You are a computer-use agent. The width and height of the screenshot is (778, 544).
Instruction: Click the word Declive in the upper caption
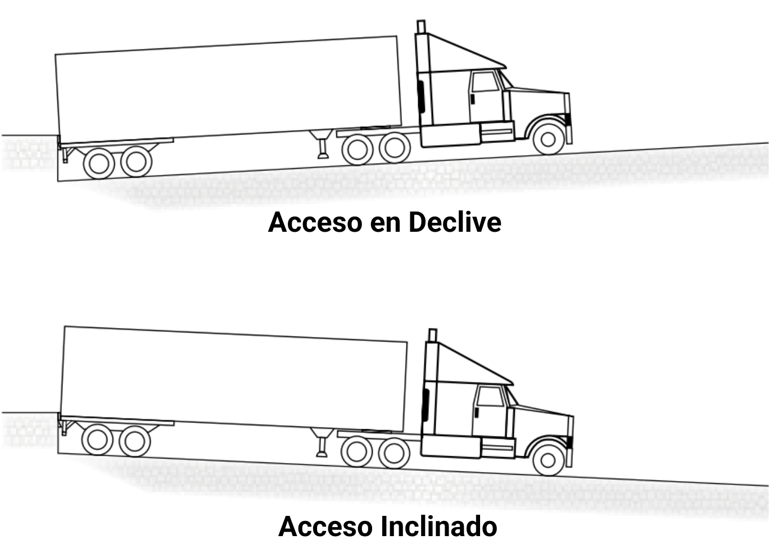pyautogui.click(x=455, y=222)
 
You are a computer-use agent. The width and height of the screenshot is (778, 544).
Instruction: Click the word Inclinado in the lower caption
pyautogui.click(x=439, y=527)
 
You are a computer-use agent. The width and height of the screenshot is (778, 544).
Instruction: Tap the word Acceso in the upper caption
pyautogui.click(x=315, y=222)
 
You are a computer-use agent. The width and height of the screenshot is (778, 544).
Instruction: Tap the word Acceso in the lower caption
pyautogui.click(x=325, y=527)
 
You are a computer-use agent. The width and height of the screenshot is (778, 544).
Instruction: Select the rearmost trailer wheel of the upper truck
pyautogui.click(x=99, y=164)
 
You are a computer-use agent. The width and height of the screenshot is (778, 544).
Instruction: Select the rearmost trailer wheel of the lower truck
pyautogui.click(x=97, y=439)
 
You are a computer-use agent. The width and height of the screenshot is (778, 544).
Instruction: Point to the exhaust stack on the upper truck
pyautogui.click(x=420, y=27)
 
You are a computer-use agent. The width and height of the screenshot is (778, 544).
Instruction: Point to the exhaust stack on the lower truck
pyautogui.click(x=432, y=335)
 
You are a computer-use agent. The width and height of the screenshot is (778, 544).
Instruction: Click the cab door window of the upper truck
pyautogui.click(x=485, y=82)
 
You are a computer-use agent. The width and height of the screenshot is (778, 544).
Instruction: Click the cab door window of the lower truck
pyautogui.click(x=490, y=397)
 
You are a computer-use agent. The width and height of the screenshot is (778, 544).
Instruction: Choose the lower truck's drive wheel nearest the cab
pyautogui.click(x=394, y=453)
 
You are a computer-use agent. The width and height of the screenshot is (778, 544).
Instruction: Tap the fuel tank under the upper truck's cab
pyautogui.click(x=450, y=136)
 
